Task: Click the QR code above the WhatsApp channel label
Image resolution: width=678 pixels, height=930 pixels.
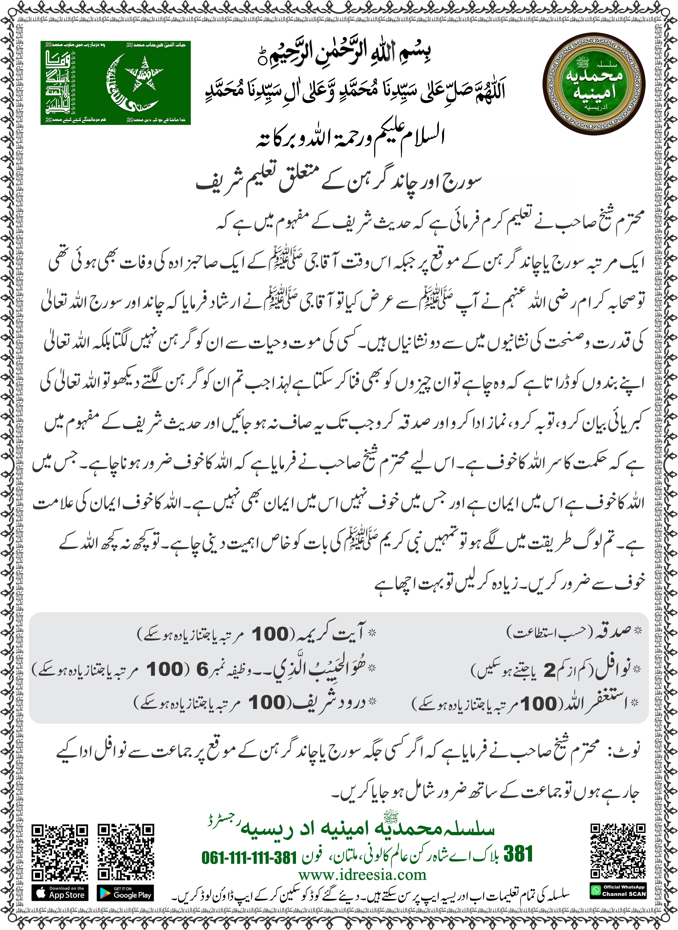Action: (618, 851)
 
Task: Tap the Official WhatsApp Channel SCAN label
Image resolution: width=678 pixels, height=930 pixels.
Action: (618, 891)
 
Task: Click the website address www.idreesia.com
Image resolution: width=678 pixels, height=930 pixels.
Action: (362, 875)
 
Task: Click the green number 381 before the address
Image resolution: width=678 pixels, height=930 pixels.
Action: (518, 854)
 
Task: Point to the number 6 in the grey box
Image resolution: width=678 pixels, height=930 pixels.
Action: (202, 670)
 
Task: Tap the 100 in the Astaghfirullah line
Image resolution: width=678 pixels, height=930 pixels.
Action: (539, 704)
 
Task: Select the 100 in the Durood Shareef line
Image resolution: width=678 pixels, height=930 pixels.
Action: (266, 702)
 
